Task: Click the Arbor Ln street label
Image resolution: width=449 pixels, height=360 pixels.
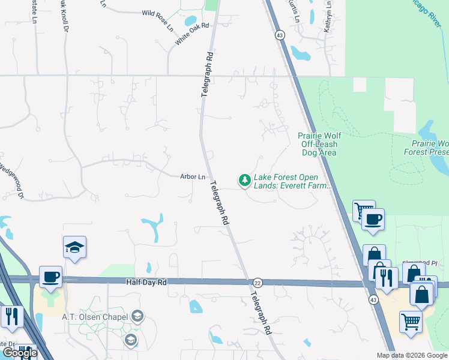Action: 193,176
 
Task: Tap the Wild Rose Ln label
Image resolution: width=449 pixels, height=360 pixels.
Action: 157,13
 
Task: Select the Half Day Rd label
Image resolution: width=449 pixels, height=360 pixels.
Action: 145,281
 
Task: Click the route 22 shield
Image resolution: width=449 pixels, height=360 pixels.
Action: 258,283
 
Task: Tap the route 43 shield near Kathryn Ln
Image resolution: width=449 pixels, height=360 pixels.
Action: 280,35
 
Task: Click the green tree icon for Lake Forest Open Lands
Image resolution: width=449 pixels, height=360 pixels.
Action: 245,179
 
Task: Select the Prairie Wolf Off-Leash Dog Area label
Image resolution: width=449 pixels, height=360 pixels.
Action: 318,144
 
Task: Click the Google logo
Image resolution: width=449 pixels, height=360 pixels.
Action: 20,352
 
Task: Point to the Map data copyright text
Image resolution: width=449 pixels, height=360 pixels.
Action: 411,355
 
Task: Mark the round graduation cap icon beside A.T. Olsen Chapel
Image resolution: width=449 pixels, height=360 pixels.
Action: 137,316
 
